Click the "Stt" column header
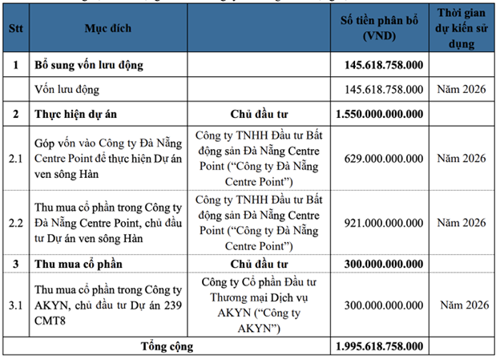[x=15, y=28]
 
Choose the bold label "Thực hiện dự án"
[x=73, y=112]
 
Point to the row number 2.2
[x=15, y=223]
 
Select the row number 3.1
[x=15, y=305]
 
